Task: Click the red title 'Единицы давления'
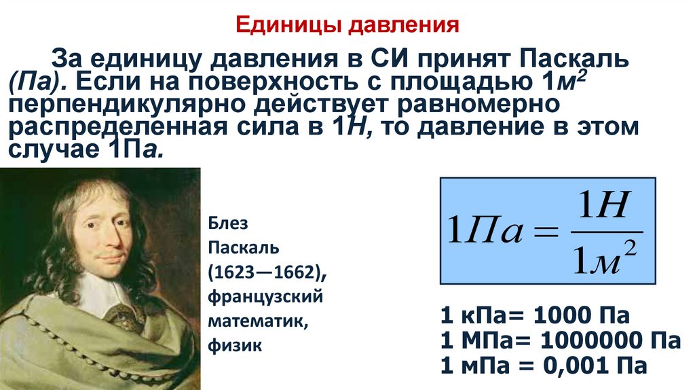coord(347,26)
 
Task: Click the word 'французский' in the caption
coord(265,297)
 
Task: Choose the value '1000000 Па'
coord(609,340)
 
